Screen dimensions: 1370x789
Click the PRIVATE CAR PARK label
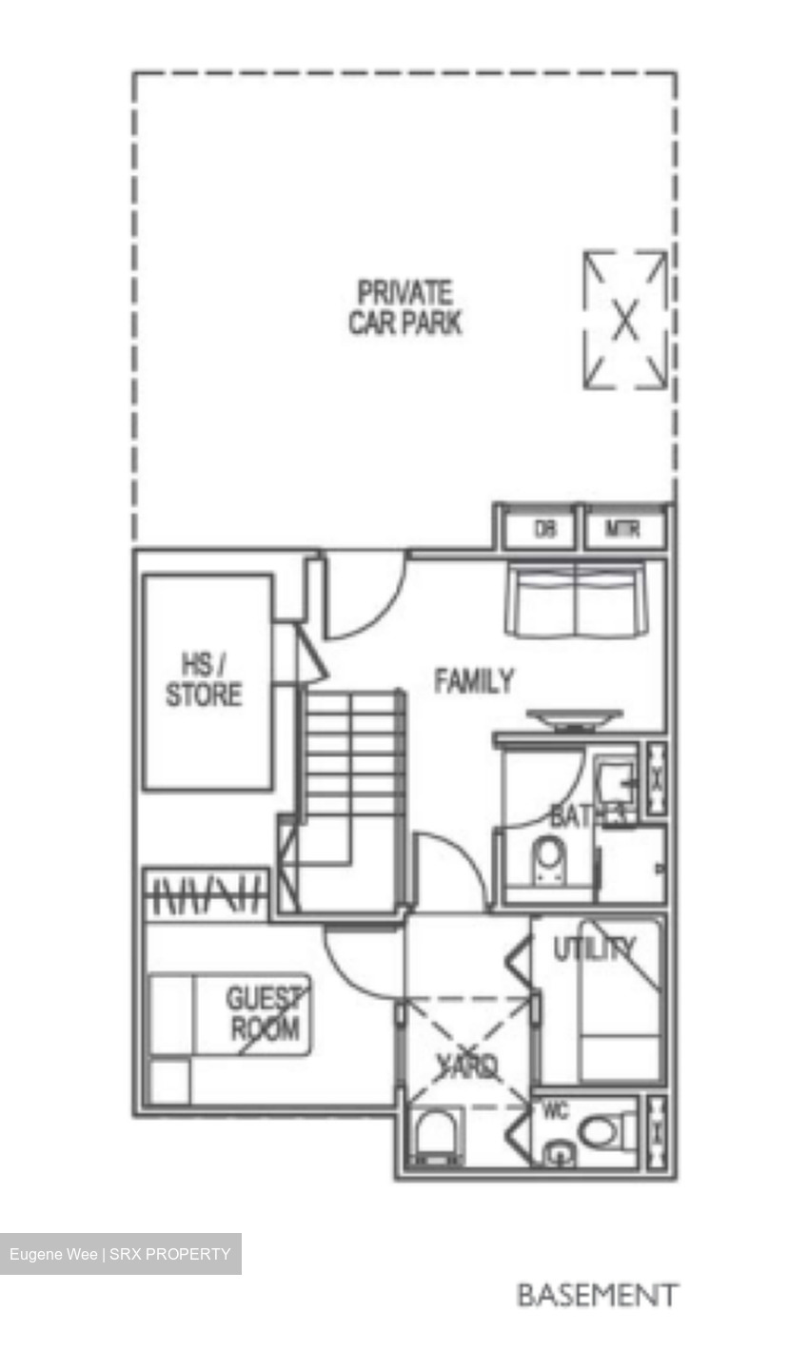[x=404, y=307]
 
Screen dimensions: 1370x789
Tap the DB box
[x=544, y=530]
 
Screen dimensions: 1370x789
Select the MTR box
[x=622, y=530]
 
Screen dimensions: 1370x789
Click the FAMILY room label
[x=473, y=681]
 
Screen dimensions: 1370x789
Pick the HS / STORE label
[x=204, y=680]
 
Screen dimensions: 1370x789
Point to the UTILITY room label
[x=594, y=949]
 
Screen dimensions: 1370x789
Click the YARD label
[x=468, y=1067]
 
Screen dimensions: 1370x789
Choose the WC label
[x=555, y=1111]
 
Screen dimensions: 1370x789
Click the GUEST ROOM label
[x=263, y=1014]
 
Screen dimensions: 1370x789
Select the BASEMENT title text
[x=597, y=1295]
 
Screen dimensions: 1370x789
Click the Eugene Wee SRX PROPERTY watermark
[x=120, y=1254]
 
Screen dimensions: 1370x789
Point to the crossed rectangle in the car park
[x=624, y=320]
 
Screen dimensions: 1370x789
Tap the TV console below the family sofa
[x=574, y=718]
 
